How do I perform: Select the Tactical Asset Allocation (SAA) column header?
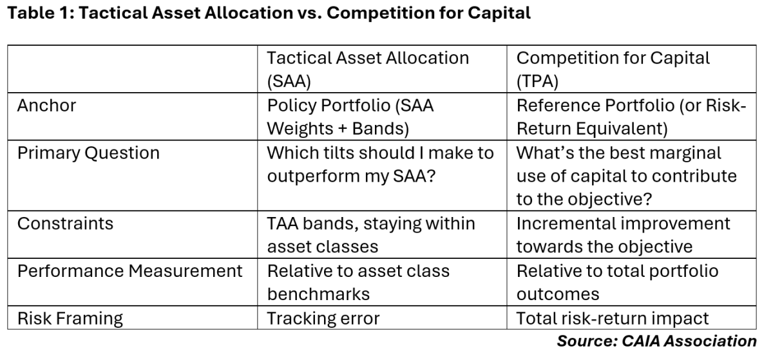368,69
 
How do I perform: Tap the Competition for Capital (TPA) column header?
613,69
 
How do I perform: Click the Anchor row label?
46,106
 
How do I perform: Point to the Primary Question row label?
88,153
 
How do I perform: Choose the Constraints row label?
65,223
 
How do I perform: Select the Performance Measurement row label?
129,271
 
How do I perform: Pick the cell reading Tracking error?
323,318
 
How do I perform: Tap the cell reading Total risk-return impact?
613,318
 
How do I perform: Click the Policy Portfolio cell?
350,117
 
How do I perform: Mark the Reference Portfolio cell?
631,117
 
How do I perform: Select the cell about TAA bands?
370,235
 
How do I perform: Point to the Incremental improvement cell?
624,235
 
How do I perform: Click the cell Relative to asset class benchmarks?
358,283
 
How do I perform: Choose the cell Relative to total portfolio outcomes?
617,283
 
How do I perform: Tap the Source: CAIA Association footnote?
656,341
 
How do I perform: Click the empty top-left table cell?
134,69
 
